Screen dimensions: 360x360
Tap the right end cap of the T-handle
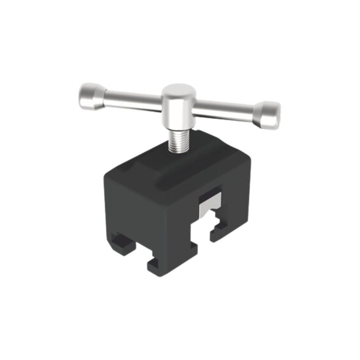[267, 114]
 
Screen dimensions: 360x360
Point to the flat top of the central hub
[179, 90]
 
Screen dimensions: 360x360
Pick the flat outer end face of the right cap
[276, 115]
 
